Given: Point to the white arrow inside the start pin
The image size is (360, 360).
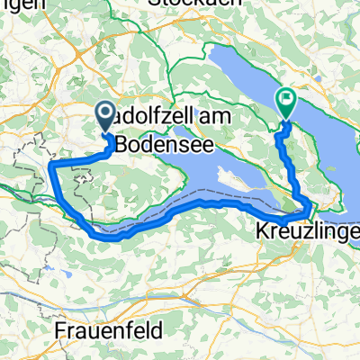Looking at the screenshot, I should [104, 113].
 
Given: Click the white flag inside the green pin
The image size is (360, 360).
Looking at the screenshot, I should [286, 100].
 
